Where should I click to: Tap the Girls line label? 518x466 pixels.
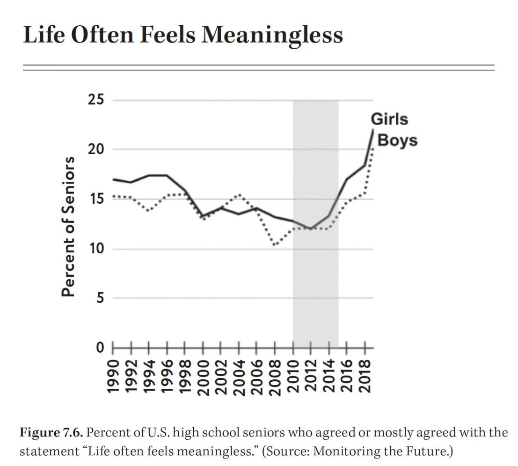(x=389, y=119)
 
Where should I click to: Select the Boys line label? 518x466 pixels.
(x=397, y=140)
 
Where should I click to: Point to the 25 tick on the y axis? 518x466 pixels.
(x=97, y=100)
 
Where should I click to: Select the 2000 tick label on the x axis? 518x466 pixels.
(x=203, y=377)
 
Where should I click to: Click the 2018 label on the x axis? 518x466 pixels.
(x=365, y=377)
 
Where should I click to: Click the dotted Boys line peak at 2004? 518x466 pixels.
(x=239, y=194)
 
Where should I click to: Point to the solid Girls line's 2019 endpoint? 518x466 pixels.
(x=373, y=130)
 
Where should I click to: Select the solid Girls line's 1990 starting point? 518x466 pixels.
(x=113, y=179)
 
